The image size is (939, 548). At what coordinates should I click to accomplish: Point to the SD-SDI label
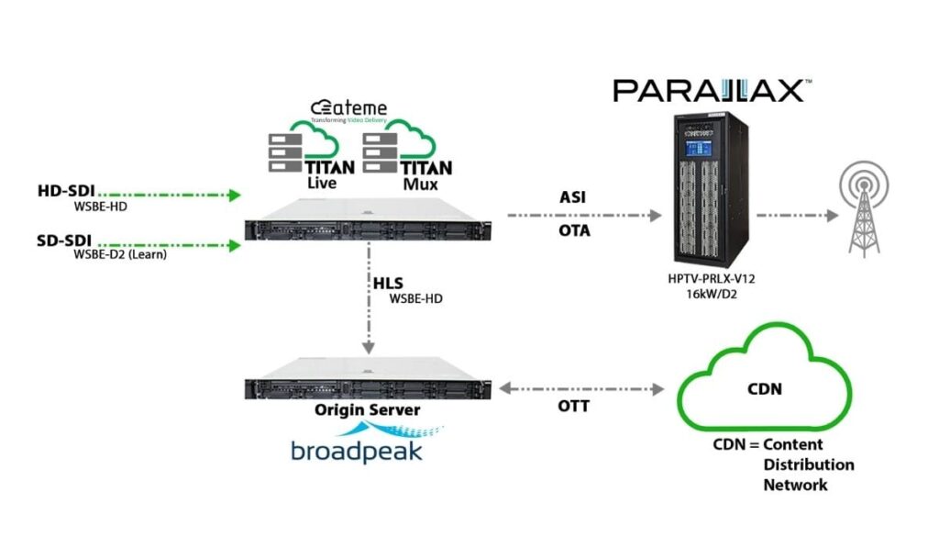pos(65,239)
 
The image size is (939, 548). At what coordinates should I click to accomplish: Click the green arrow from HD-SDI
pos(169,195)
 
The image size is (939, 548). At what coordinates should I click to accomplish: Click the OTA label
pos(575,230)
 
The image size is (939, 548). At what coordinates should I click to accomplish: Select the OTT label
pos(575,404)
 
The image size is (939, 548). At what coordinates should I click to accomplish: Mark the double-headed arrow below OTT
pos(580,389)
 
